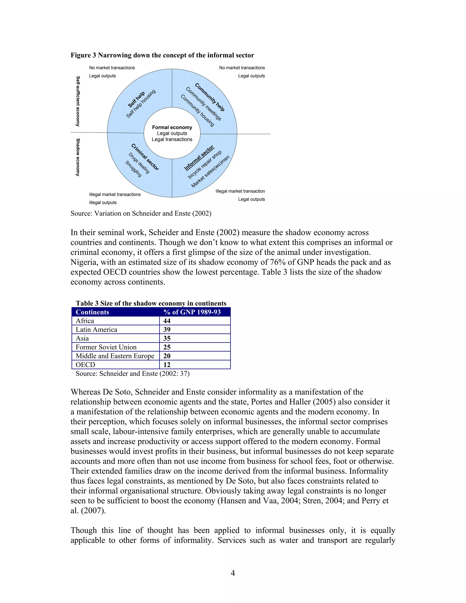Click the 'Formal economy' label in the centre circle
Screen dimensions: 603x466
coord(172,127)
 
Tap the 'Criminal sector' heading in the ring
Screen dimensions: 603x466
coord(145,157)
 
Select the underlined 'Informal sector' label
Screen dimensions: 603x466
coord(199,158)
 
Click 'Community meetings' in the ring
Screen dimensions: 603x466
coord(203,104)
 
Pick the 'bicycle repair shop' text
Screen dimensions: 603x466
coord(205,165)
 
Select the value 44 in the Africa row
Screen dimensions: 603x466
coord(167,321)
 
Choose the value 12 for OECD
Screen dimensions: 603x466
coord(167,365)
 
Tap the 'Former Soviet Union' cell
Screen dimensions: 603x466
coord(106,347)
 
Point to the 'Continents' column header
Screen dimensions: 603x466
coord(92,312)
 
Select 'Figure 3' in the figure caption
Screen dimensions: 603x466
coord(83,55)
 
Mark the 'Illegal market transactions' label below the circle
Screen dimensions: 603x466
coord(115,194)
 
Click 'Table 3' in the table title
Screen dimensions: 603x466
coord(87,303)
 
